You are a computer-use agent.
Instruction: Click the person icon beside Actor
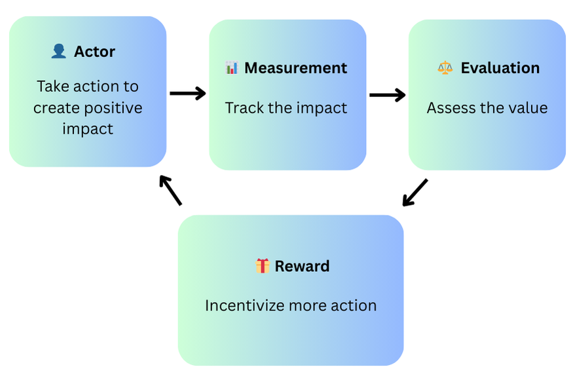tap(58, 51)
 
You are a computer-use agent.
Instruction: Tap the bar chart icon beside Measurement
tap(231, 67)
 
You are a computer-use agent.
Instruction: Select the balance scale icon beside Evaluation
tap(445, 67)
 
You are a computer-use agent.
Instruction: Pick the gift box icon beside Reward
tap(263, 265)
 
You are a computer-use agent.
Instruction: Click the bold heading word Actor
tap(94, 52)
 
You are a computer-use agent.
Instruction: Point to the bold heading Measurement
tap(295, 68)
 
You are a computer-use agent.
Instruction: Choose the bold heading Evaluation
tap(500, 68)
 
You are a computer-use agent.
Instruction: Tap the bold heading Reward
tap(302, 266)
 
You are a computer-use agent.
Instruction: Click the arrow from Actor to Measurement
tap(187, 94)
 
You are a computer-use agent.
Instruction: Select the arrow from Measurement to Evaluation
tap(387, 95)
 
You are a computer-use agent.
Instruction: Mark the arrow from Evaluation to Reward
tap(415, 192)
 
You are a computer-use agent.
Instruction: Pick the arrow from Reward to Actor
tap(171, 190)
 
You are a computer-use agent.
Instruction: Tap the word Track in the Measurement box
tap(244, 108)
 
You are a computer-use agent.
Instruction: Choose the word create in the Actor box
tap(56, 108)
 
